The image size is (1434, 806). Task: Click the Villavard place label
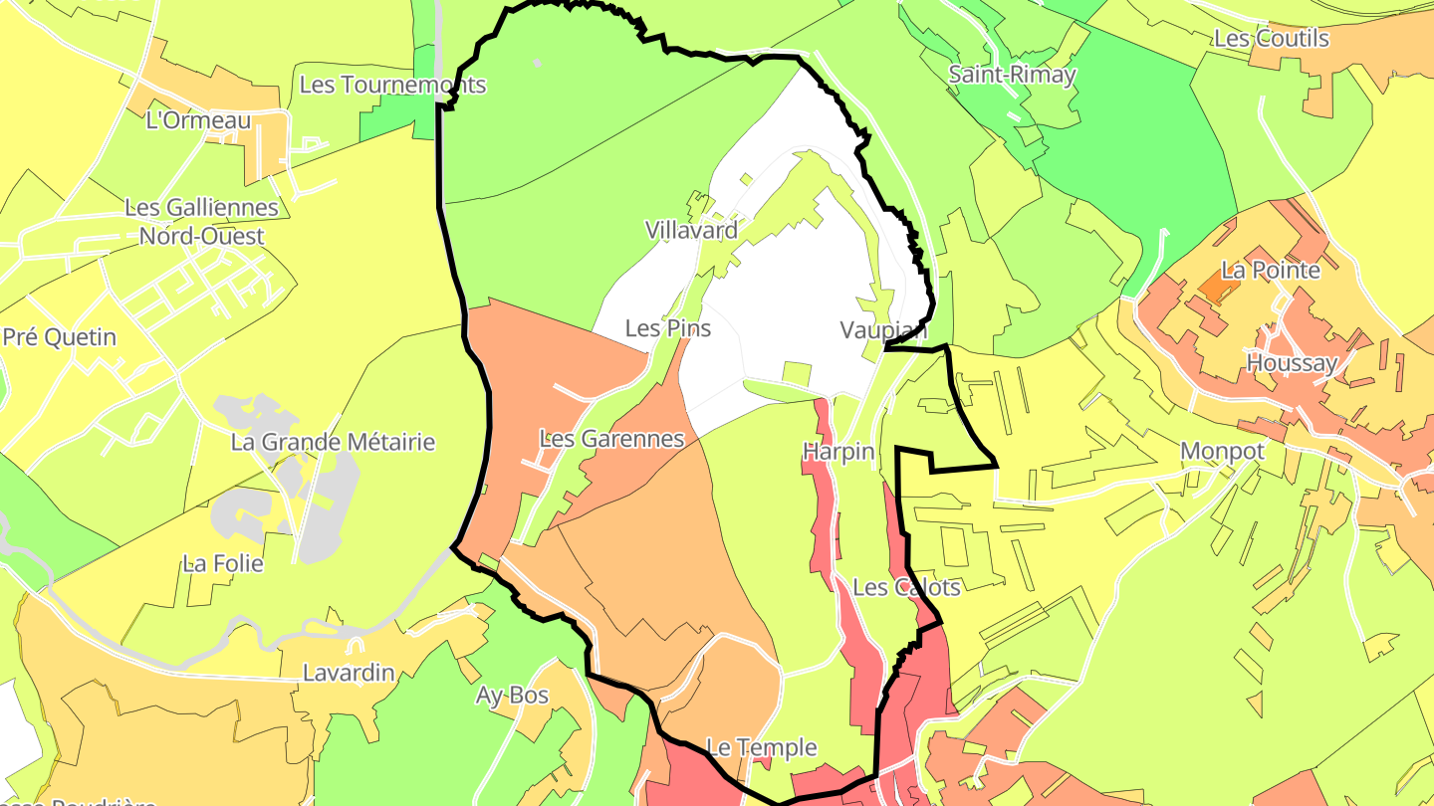[x=691, y=231]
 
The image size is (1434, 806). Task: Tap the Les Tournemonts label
[x=392, y=85]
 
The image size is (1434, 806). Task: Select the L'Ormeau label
[x=198, y=120]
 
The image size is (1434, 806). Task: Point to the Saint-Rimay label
[x=1012, y=75]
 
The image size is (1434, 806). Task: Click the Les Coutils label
[x=1271, y=39]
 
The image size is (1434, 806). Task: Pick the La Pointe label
[x=1271, y=271]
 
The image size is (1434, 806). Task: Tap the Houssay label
[x=1292, y=363]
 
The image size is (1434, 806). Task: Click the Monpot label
[x=1222, y=452]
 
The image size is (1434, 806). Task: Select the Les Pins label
[x=668, y=328]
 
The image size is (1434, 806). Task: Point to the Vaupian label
[x=883, y=330]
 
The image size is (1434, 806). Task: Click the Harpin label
[x=838, y=453]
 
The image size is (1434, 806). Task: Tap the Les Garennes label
[x=611, y=439]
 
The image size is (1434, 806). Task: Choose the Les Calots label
[x=906, y=587]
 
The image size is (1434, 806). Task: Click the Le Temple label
[x=761, y=747]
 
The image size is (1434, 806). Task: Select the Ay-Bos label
[x=513, y=696]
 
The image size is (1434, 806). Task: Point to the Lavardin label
[x=349, y=674]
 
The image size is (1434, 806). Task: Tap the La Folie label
[x=223, y=564]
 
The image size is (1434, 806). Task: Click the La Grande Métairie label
[x=333, y=442]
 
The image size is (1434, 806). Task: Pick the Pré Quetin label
[x=60, y=337]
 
